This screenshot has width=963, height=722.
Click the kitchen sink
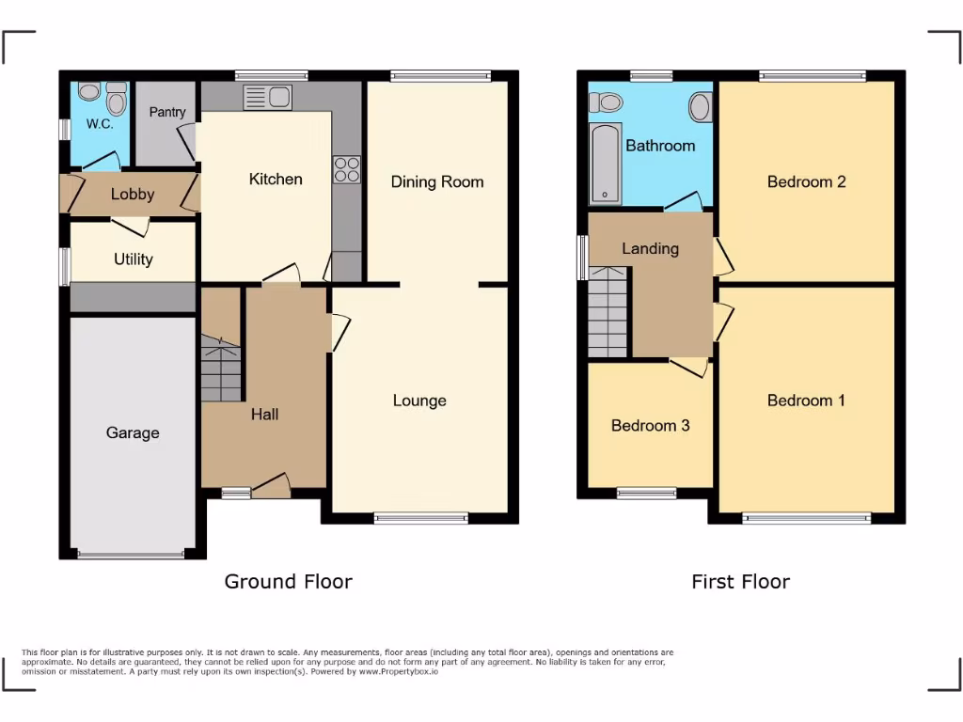pos(268,97)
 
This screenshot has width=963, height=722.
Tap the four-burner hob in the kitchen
pos(346,169)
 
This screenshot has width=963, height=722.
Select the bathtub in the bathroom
pos(606,164)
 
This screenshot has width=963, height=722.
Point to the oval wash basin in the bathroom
pos(700,107)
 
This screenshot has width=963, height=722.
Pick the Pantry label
pos(167,112)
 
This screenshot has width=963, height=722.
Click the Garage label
pos(133,433)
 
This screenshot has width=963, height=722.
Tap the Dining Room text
pos(437,181)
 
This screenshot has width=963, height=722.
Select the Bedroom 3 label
pos(650,426)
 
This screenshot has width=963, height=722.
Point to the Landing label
pos(650,248)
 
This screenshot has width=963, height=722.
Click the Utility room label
pos(133,259)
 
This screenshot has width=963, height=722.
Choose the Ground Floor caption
pos(288,582)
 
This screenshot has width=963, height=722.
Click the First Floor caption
pos(740,582)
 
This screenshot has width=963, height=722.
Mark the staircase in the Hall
pos(221,369)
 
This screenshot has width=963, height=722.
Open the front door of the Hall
pos(271,487)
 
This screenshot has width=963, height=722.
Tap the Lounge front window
pos(420,518)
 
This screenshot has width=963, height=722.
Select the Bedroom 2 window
pos(813,76)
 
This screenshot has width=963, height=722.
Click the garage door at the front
pos(133,555)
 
